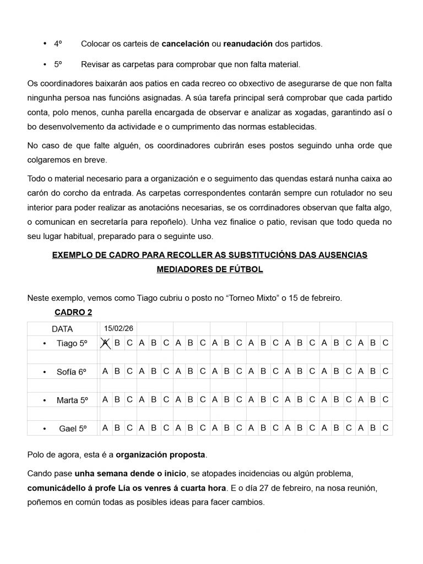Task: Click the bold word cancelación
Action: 186,43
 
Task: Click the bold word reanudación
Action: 247,43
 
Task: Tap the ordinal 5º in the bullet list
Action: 58,64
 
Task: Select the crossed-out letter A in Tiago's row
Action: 105,343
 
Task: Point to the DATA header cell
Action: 62,329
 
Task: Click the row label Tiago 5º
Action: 72,343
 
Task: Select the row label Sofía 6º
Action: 72,372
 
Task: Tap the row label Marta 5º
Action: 72,400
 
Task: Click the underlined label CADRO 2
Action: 73,312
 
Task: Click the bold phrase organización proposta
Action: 160,455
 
